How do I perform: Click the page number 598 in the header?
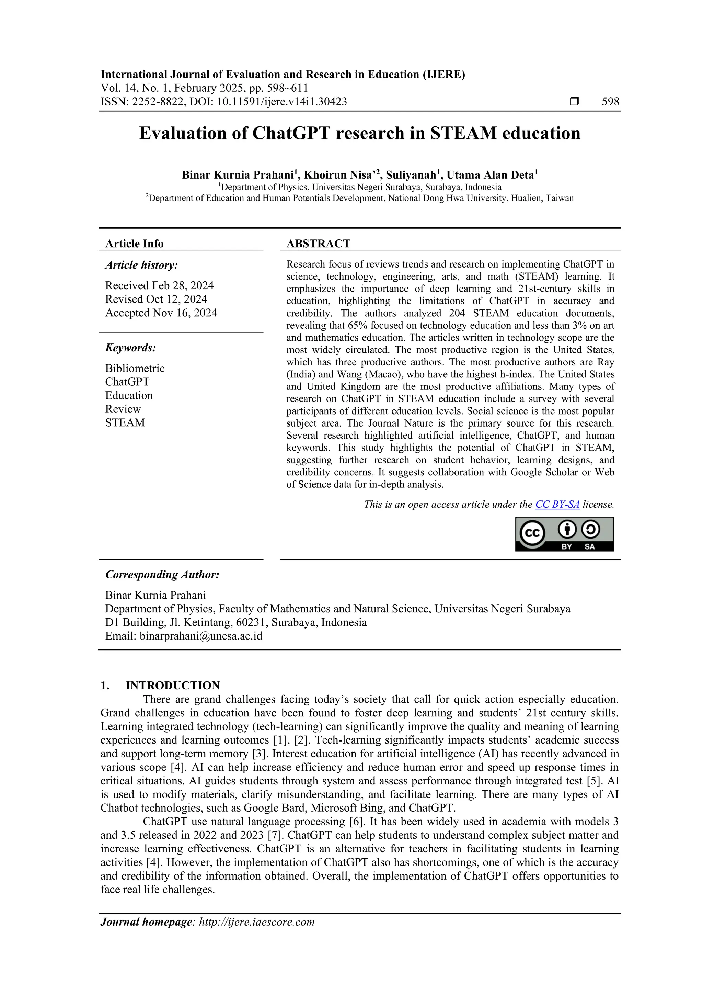click(x=610, y=102)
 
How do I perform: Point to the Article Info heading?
click(x=134, y=244)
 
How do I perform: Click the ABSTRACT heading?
click(x=318, y=244)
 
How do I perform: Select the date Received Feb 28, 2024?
click(x=159, y=285)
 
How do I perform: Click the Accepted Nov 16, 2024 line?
click(x=161, y=313)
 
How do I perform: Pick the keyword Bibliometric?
click(x=135, y=368)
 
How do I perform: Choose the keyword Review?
click(x=123, y=409)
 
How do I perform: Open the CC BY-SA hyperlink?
click(x=557, y=505)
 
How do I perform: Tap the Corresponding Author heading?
click(x=162, y=575)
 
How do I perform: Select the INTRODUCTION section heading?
click(x=172, y=686)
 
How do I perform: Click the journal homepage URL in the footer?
click(x=256, y=922)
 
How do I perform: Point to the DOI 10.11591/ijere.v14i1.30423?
click(x=281, y=102)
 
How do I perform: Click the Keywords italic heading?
click(x=130, y=348)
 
